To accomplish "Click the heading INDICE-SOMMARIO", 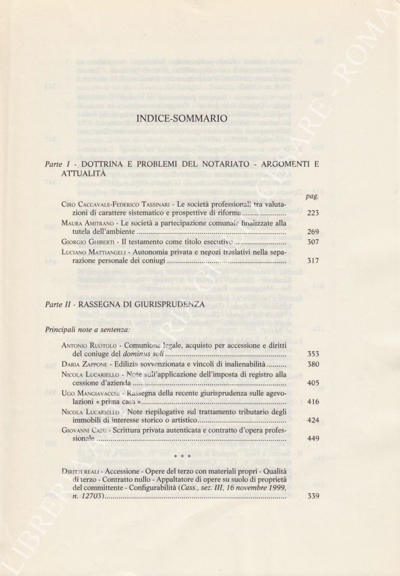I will [x=182, y=118].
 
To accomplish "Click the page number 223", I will [x=313, y=213].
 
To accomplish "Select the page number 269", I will [x=313, y=232].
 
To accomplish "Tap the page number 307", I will [x=313, y=242].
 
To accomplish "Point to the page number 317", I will [x=313, y=261].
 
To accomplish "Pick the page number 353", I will [x=313, y=355].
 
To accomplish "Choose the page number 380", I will [x=313, y=364].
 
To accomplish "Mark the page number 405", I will [x=313, y=383].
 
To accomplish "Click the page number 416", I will [x=313, y=402].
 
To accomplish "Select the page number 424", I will [x=313, y=420].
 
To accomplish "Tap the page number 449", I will [x=313, y=439].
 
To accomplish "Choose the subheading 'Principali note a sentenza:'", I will [x=88, y=329].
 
